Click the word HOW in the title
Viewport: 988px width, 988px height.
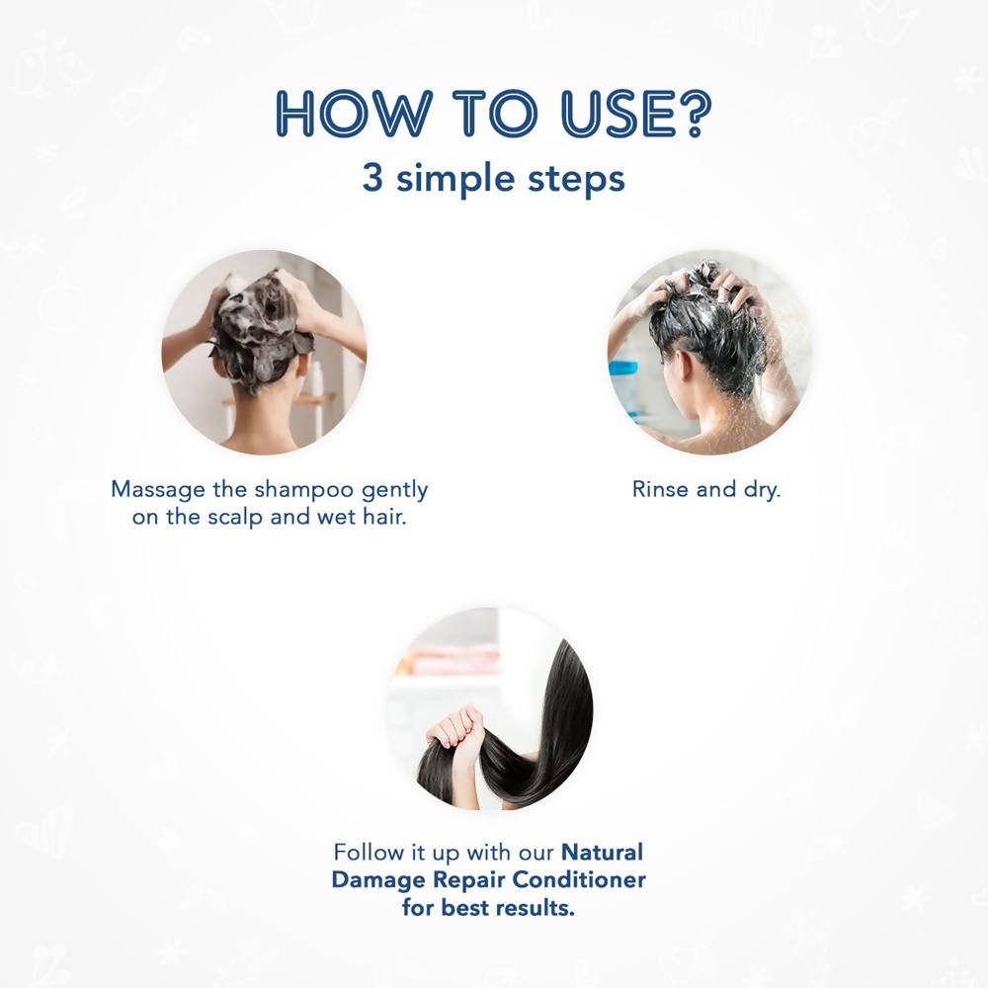[354, 113]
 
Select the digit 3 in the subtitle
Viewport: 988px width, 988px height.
[372, 178]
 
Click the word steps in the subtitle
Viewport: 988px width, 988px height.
[576, 179]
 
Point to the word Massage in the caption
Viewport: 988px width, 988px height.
[157, 490]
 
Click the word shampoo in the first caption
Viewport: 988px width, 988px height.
[303, 490]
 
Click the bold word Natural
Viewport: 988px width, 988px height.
[602, 852]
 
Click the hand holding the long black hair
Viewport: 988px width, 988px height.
[456, 731]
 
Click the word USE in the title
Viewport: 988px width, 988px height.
[610, 113]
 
